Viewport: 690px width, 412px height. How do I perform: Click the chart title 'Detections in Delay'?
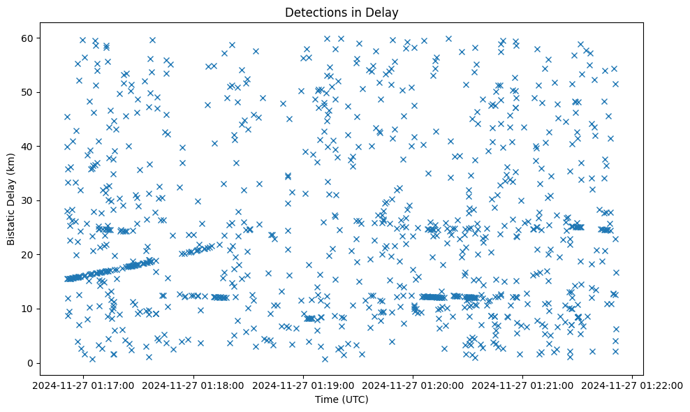pos(342,13)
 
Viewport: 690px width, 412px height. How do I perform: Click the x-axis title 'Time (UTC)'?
pos(342,400)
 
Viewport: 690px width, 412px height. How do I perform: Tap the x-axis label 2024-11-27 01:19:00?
pos(304,385)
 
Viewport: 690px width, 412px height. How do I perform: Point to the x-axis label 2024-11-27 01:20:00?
pos(413,385)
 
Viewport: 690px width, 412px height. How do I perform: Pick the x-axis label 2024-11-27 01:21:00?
pos(523,385)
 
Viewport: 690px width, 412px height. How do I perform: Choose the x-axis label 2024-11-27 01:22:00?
pos(633,385)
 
